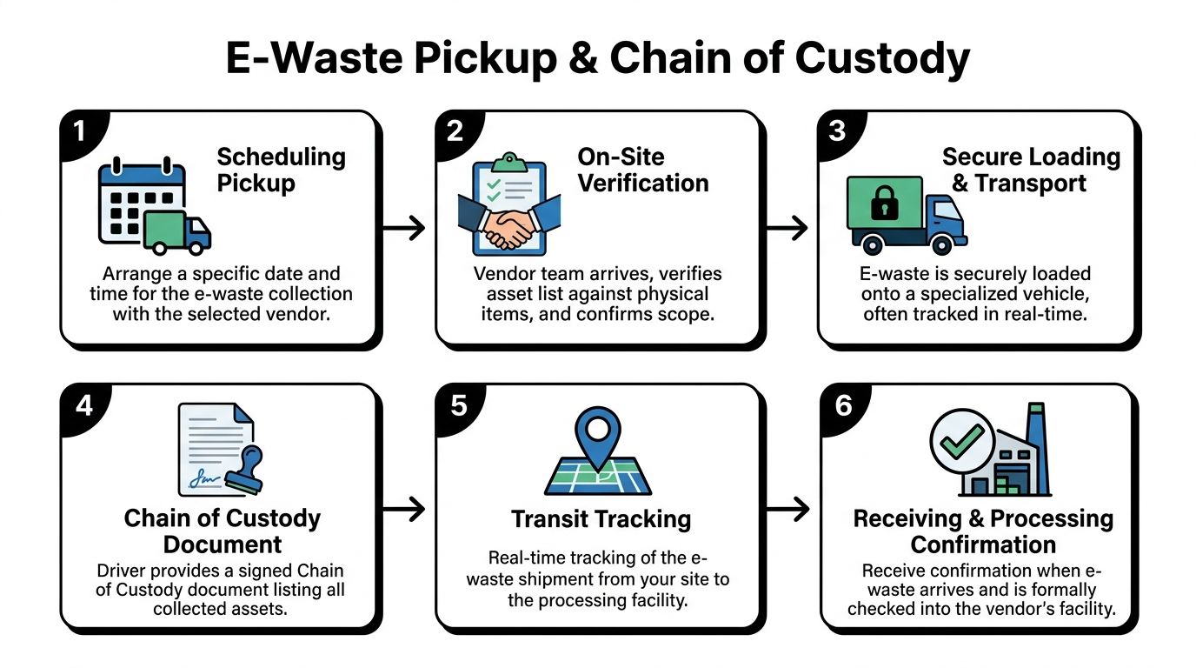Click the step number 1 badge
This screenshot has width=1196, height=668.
[x=79, y=132]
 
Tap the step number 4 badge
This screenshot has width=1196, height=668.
[x=83, y=406]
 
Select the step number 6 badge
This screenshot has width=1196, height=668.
[x=842, y=406]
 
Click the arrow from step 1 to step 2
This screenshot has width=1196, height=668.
[x=404, y=229]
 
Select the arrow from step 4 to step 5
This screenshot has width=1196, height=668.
[x=404, y=510]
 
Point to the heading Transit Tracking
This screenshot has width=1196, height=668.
[x=601, y=519]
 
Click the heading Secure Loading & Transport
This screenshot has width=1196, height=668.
[x=1031, y=170]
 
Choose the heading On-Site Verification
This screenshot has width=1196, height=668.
[x=643, y=170]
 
